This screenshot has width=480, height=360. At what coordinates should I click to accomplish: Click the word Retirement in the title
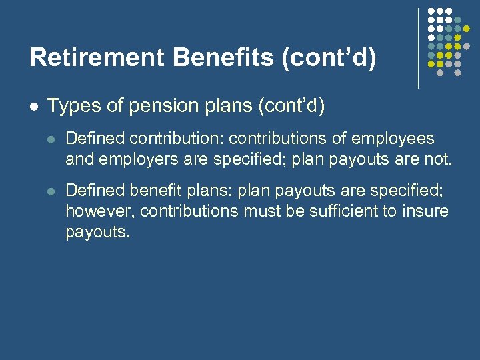[x=97, y=57]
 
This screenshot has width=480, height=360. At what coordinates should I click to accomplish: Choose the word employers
[x=128, y=160]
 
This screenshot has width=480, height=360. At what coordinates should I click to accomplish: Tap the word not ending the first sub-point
[x=439, y=160]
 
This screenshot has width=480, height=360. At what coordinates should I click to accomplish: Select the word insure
[x=426, y=212]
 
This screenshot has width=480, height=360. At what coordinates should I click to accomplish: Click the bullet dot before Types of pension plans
[x=33, y=106]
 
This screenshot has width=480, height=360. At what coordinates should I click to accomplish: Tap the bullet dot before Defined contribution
[x=52, y=139]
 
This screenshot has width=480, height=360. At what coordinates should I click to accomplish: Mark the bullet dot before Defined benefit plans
[x=52, y=191]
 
